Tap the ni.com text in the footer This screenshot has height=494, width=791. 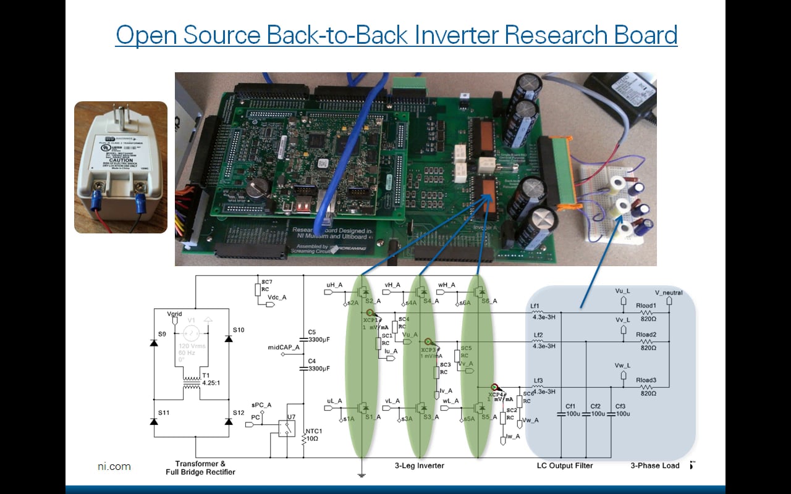(x=114, y=467)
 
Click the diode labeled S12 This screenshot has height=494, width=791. (x=229, y=421)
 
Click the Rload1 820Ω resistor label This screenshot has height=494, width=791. (x=647, y=309)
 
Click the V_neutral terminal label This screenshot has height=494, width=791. (x=669, y=292)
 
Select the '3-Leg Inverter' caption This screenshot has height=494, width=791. (x=419, y=466)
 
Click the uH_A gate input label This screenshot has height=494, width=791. (x=334, y=285)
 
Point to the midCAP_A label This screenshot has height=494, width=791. (x=284, y=347)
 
